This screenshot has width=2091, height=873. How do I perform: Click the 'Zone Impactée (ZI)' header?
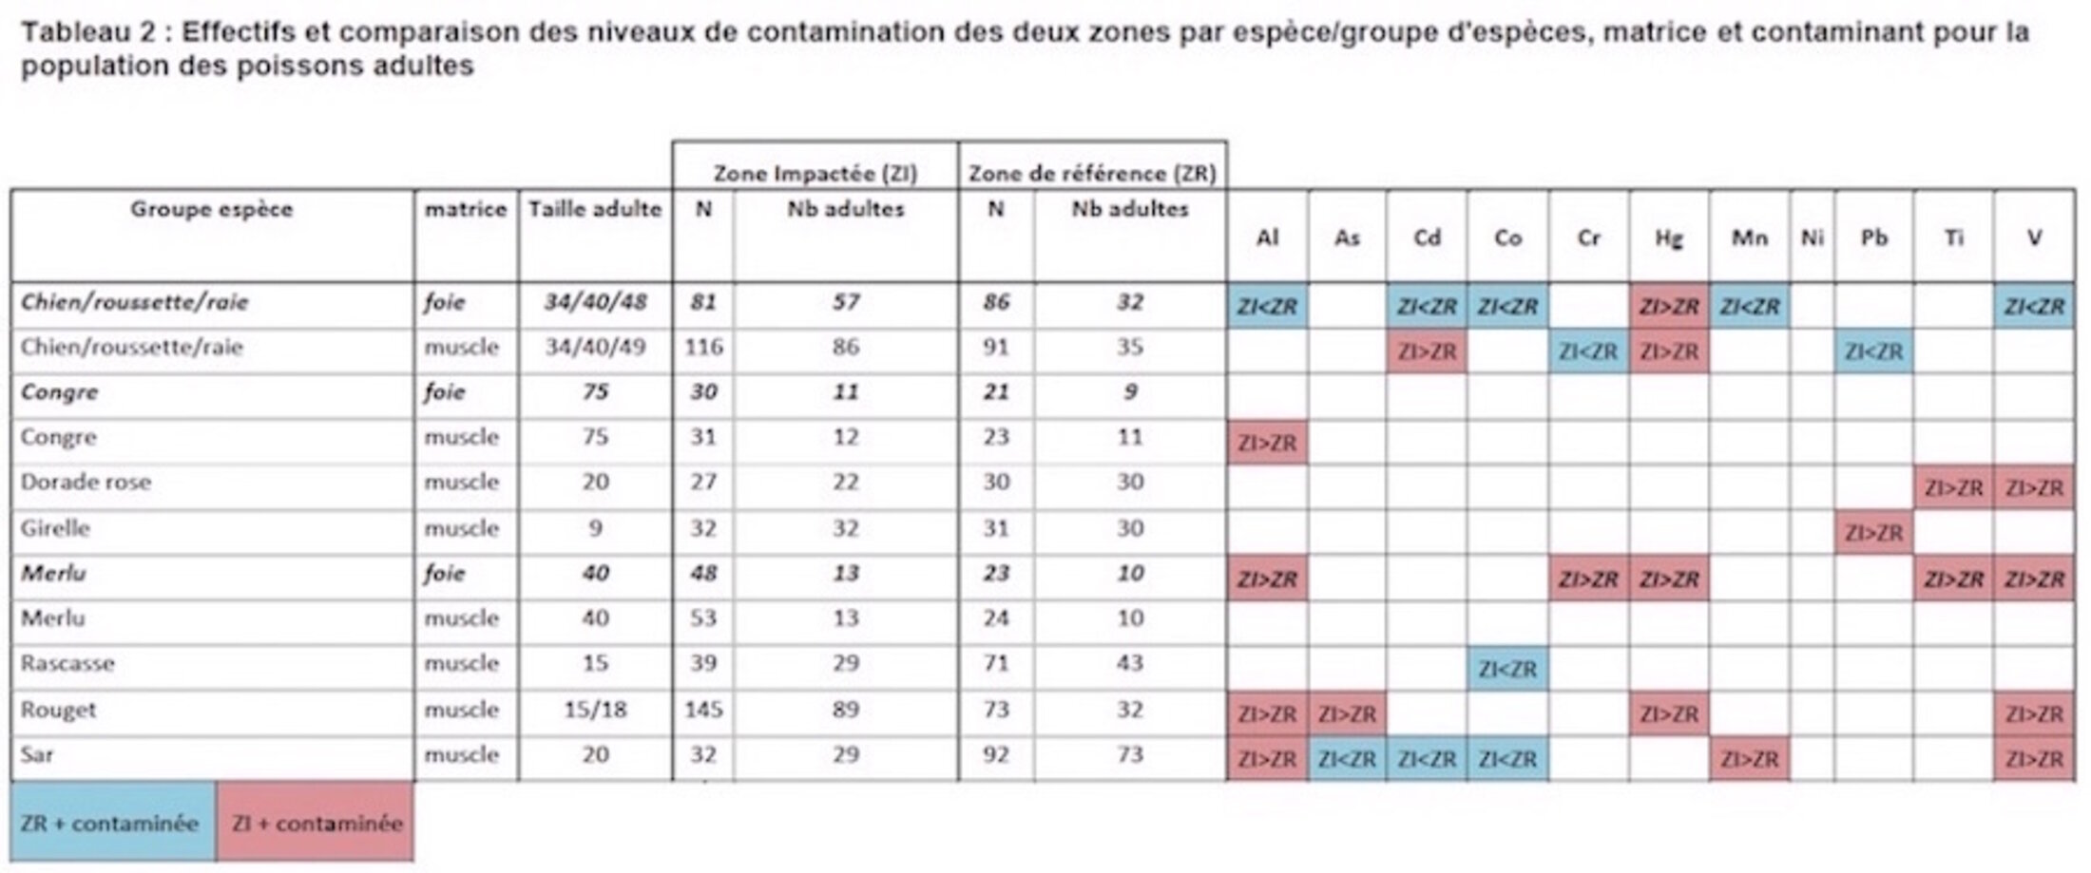point(815,173)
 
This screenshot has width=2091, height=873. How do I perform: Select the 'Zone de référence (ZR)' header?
point(1092,173)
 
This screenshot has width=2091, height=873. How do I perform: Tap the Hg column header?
point(1669,237)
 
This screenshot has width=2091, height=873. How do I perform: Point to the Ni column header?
point(1812,237)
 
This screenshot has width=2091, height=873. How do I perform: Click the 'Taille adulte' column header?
point(595,209)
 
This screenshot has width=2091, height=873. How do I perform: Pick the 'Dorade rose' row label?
point(86,483)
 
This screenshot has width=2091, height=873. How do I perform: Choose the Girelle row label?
point(55,528)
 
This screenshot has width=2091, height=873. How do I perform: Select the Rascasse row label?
point(67,663)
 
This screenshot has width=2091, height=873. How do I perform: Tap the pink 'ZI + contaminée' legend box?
point(316,823)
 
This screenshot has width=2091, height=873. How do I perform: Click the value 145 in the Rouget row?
point(703,710)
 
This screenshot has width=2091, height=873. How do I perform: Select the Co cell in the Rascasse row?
point(1507,669)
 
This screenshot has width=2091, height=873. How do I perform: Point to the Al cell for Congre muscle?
point(1267,443)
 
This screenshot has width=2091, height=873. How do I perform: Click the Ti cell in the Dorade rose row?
point(1953,488)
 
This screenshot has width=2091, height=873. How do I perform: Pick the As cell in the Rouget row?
point(1347,714)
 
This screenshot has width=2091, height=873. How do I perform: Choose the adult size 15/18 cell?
point(595,710)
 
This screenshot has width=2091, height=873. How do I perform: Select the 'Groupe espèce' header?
point(211,209)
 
